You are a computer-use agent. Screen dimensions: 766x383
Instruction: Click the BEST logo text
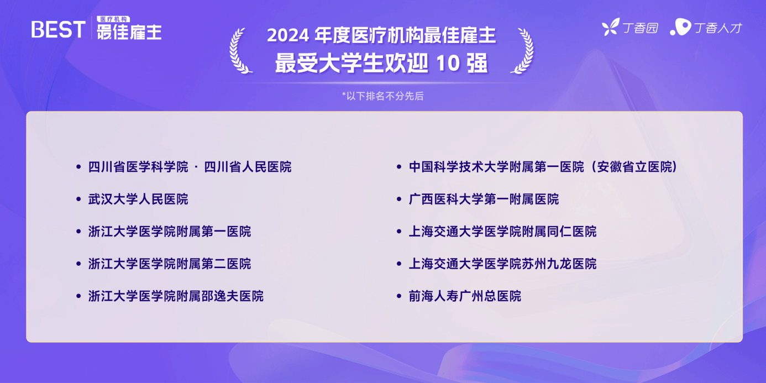pos(58,29)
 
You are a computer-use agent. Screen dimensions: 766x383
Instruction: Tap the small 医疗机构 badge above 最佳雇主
pos(113,19)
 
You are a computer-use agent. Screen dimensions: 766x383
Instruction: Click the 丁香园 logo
pos(630,27)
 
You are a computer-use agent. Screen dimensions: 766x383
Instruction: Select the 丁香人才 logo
pos(706,27)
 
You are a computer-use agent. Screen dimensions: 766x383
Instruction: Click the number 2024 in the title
pos(288,35)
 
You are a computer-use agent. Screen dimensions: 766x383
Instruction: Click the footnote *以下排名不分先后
pos(382,96)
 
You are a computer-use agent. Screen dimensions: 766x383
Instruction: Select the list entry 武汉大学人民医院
pos(138,200)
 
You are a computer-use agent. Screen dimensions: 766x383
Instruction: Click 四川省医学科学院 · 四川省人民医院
pos(190,167)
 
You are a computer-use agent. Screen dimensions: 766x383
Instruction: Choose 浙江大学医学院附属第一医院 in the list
pos(170,232)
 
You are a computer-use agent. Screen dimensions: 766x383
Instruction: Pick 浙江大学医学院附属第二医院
pos(170,264)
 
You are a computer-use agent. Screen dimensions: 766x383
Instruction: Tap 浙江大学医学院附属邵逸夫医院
pos(176,296)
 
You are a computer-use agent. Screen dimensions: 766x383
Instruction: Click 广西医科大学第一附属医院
pos(484,200)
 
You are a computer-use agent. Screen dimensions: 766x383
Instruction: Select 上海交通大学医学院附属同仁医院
pos(503,232)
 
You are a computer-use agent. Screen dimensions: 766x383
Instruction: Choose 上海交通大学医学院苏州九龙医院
pos(503,264)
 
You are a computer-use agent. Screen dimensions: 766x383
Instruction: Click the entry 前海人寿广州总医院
pos(465,296)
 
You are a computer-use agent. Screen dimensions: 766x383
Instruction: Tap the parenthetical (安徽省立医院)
pos(633,167)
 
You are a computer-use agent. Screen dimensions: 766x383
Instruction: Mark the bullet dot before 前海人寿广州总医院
pos(398,296)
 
